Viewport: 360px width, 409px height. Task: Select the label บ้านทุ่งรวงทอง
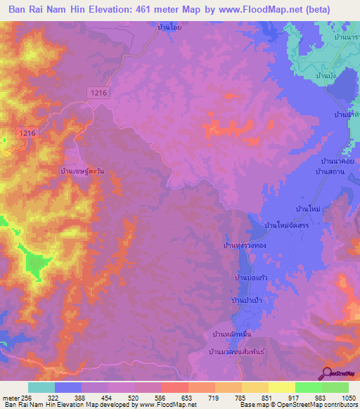tap(245, 245)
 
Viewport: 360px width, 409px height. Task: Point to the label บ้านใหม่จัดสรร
tap(288, 225)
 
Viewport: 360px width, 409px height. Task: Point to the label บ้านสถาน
tap(328, 171)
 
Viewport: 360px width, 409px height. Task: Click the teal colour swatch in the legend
tap(41, 387)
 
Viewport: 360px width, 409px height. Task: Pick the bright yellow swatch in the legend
tap(282, 387)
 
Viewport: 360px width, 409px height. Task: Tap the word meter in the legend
tap(9, 397)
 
